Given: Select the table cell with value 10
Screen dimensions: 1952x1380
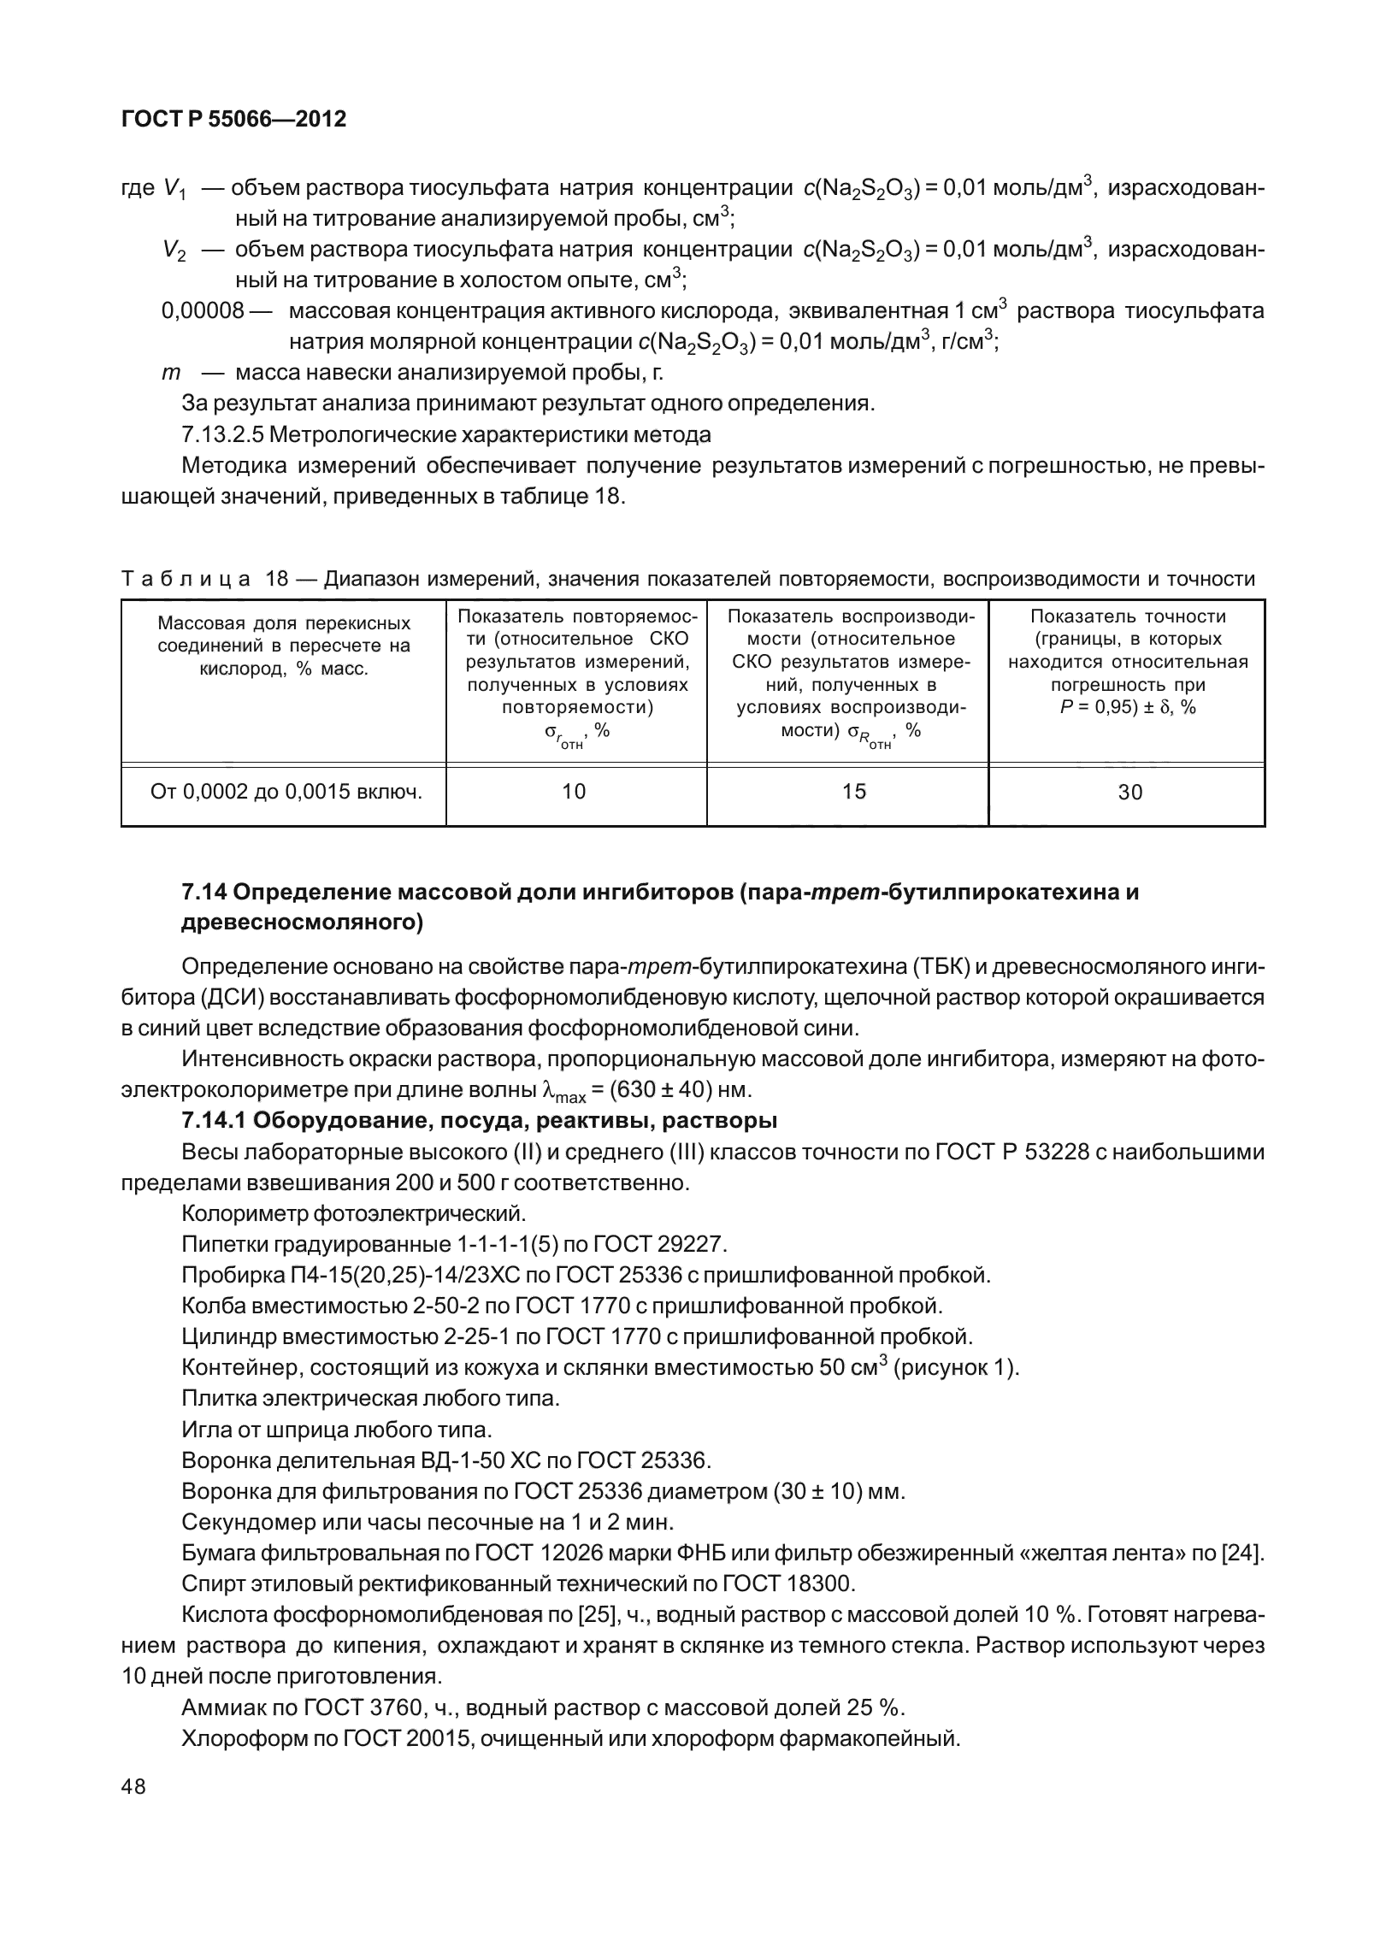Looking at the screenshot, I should tap(574, 792).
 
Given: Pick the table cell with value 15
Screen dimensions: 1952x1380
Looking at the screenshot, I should tap(854, 792).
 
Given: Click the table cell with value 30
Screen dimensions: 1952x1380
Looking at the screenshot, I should tap(1129, 793).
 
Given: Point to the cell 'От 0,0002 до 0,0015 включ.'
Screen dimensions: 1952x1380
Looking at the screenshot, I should tap(286, 792).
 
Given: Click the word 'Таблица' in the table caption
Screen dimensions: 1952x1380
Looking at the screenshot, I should tap(186, 580).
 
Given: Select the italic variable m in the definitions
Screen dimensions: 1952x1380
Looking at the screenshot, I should tap(171, 373).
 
